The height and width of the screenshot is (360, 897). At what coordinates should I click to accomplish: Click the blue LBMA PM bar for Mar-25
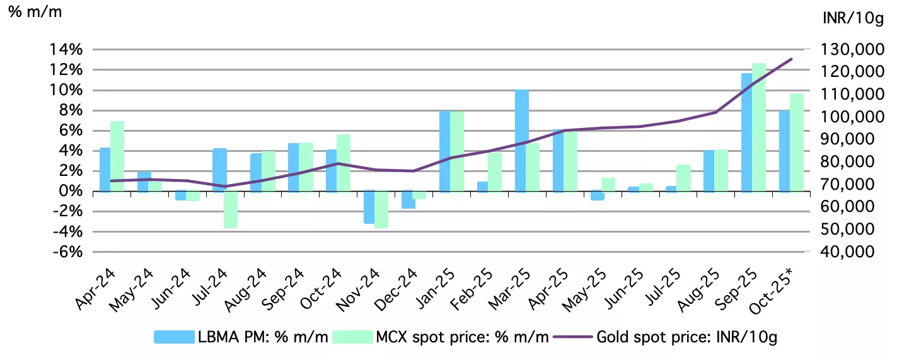pyautogui.click(x=521, y=141)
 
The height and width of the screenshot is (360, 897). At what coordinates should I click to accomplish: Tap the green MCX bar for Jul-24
pyautogui.click(x=230, y=209)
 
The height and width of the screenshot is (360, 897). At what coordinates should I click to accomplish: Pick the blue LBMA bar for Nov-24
pyautogui.click(x=369, y=207)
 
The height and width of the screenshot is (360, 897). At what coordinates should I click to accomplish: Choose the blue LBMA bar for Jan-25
pyautogui.click(x=445, y=151)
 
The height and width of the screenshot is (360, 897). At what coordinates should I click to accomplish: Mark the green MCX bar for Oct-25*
pyautogui.click(x=797, y=142)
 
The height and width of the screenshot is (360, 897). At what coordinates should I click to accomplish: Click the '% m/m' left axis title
pyautogui.click(x=35, y=12)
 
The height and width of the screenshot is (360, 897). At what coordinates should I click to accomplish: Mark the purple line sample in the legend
pyautogui.click(x=574, y=337)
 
